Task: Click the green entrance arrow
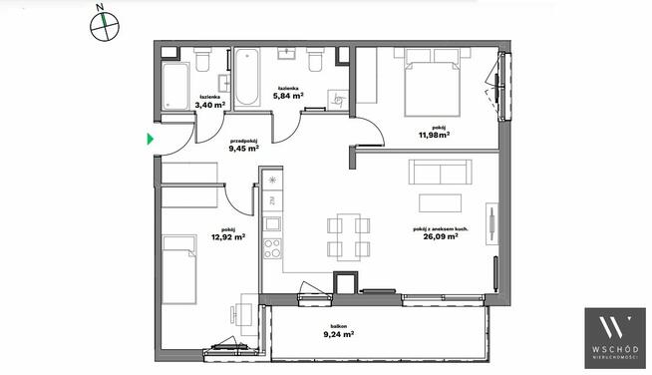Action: click(x=151, y=139)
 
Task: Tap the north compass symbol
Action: click(x=105, y=25)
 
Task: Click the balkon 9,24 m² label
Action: click(x=339, y=331)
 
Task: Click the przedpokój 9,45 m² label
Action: click(x=244, y=145)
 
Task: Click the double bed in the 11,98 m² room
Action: click(x=433, y=82)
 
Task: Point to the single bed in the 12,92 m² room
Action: click(x=179, y=269)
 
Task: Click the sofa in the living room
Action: click(x=440, y=172)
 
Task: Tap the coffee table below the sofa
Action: click(x=440, y=203)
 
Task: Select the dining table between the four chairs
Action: click(x=349, y=237)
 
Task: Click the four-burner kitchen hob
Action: click(x=272, y=248)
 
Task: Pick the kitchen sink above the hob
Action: click(x=273, y=224)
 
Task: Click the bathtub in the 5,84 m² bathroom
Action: click(x=247, y=77)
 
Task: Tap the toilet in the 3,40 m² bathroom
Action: click(x=203, y=60)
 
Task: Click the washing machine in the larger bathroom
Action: click(x=337, y=100)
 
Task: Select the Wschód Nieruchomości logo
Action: click(x=615, y=338)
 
